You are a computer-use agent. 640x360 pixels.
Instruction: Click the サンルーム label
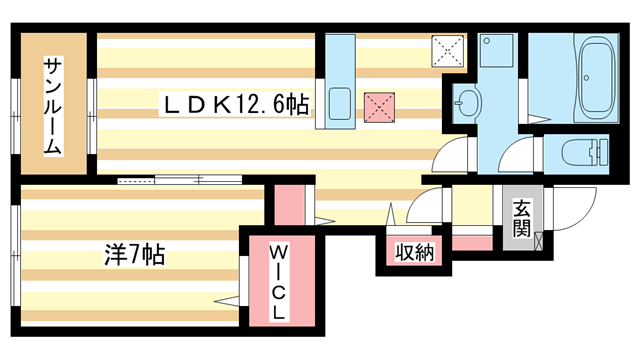coord(53,107)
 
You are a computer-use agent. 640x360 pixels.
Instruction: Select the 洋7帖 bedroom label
coord(134,255)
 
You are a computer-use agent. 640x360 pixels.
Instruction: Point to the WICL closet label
coord(279,282)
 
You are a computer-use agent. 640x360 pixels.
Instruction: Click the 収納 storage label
coord(415,252)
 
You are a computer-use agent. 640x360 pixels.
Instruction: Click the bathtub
coord(597,78)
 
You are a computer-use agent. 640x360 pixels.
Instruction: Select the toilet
coord(584,152)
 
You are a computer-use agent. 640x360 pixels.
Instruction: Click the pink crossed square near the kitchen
coord(379,107)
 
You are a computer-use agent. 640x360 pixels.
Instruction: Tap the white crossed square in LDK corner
coord(448,51)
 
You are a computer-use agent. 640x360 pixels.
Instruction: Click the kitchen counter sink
coord(340,104)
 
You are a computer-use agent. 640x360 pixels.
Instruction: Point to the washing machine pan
coord(496,50)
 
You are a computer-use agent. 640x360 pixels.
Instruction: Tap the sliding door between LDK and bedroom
coord(180,180)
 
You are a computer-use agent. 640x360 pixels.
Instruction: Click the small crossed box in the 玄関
coord(538,240)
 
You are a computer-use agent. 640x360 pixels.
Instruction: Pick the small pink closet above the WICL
coord(289,205)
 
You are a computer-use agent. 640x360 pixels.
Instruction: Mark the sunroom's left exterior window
coord(16,116)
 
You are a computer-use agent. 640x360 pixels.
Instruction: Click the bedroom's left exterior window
coord(16,256)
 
